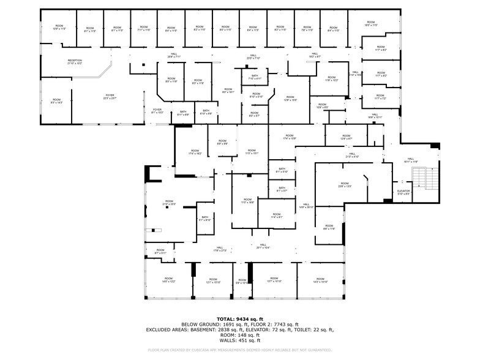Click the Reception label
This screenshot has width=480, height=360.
click(x=75, y=61)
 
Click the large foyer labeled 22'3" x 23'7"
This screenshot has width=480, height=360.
click(x=110, y=97)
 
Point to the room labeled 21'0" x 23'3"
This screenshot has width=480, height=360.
click(x=168, y=203)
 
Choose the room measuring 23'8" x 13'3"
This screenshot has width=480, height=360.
click(x=345, y=184)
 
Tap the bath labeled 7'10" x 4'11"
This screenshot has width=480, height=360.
click(x=255, y=77)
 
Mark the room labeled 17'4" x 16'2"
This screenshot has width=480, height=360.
click(x=195, y=152)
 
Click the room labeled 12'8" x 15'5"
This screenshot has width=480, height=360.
click(x=290, y=98)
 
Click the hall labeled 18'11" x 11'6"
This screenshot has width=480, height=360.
click(x=410, y=160)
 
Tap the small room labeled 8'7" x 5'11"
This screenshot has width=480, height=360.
click(x=160, y=251)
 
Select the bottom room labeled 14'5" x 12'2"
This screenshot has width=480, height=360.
click(x=168, y=280)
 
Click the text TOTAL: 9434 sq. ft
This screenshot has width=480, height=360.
click(x=240, y=319)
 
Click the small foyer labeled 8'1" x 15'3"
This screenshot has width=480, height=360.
click(x=157, y=111)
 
